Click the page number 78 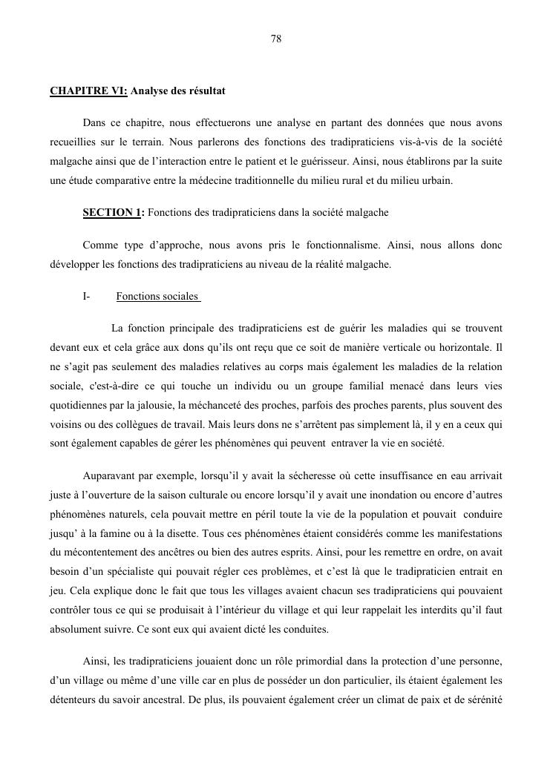pos(276,39)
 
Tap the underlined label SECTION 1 pos(111,213)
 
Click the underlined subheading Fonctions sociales pos(157,297)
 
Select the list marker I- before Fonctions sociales pos(86,297)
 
